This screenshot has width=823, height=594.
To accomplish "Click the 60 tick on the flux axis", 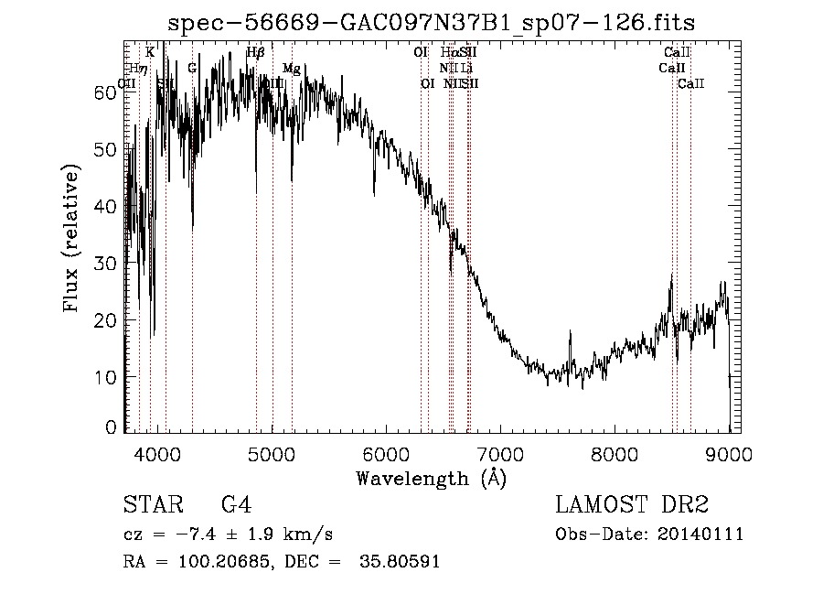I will click(x=110, y=92).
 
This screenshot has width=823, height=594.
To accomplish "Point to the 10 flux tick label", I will click(x=110, y=377).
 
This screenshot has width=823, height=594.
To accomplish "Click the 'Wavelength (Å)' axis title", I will click(x=431, y=478).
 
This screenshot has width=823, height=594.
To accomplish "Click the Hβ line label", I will click(x=255, y=53).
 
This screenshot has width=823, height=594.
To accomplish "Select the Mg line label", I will click(x=291, y=69).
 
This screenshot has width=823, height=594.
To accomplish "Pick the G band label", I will click(x=192, y=69).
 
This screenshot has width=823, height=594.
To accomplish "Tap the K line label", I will click(x=150, y=53).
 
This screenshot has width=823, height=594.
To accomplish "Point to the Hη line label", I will click(x=138, y=69).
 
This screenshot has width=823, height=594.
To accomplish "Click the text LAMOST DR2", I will click(x=632, y=505).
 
